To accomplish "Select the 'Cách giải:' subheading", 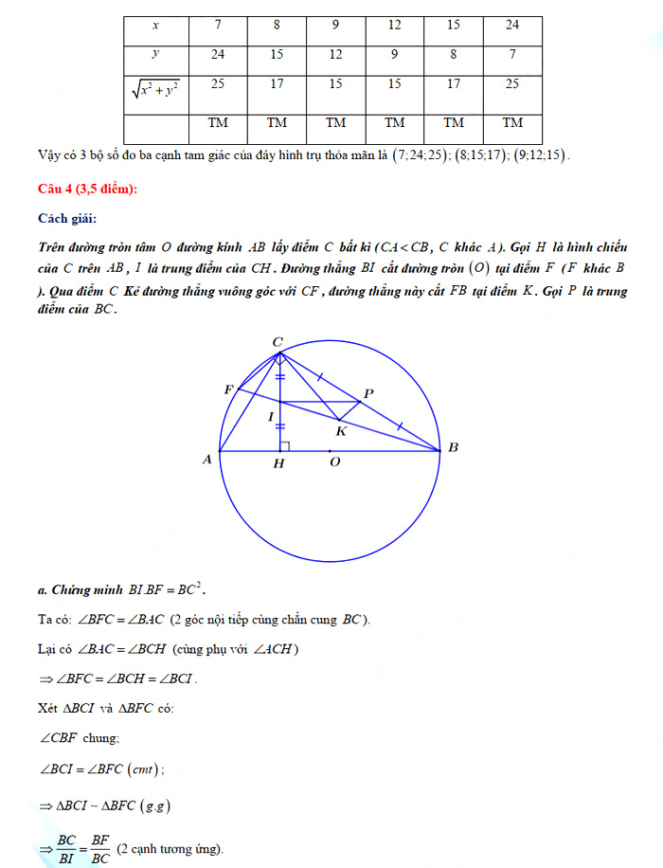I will [x=67, y=219].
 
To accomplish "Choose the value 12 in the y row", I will [x=335, y=54].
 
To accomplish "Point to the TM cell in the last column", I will [x=512, y=122].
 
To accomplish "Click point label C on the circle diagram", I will [x=278, y=341].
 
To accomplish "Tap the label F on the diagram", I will [x=228, y=389].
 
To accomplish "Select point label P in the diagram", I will [x=368, y=393].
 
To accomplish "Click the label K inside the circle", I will [x=341, y=431].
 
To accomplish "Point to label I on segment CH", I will [x=270, y=416].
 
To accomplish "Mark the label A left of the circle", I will [x=206, y=460].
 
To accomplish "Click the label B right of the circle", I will [x=453, y=447].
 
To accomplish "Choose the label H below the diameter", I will [x=278, y=463].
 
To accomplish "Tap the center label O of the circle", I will [x=334, y=463].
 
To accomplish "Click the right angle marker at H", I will [x=284, y=445].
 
